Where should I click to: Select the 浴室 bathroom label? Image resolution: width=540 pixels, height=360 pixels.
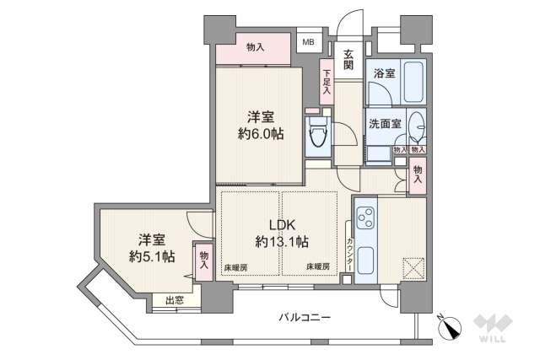(385, 74)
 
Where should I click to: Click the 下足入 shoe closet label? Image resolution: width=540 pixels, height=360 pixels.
(327, 82)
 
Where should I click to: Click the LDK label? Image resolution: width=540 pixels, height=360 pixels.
(281, 225)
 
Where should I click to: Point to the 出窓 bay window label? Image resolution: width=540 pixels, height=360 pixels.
(175, 298)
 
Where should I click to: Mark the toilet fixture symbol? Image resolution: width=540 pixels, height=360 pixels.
(318, 135)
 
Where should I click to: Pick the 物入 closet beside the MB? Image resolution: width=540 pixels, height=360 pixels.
(255, 48)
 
